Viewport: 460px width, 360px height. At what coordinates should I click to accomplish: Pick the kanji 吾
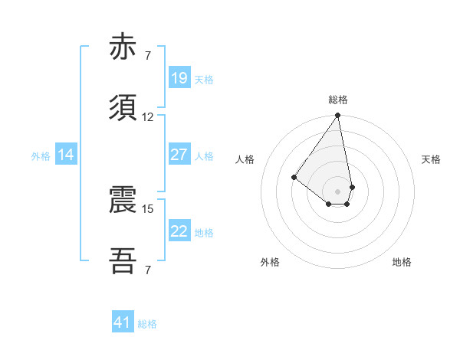click(123, 261)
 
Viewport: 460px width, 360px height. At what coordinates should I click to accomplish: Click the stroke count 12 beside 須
click(148, 117)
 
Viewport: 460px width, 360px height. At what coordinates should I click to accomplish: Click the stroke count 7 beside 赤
click(148, 56)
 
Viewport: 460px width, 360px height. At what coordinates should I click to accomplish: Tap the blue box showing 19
click(179, 78)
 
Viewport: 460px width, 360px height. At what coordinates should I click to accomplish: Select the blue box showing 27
click(179, 155)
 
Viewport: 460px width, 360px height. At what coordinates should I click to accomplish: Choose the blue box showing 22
click(179, 231)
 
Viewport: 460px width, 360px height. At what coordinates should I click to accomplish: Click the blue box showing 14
click(66, 155)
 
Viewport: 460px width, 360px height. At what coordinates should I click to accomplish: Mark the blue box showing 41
click(123, 322)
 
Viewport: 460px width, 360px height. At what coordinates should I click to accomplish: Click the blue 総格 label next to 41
click(147, 324)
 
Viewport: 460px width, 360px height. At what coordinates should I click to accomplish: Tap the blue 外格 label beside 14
click(41, 156)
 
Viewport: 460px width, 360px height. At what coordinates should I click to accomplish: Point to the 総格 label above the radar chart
click(338, 100)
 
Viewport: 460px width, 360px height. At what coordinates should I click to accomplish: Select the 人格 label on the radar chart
click(245, 159)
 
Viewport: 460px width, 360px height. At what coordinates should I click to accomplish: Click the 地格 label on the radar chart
click(402, 262)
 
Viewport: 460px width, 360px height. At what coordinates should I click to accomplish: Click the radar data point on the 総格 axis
click(338, 116)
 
